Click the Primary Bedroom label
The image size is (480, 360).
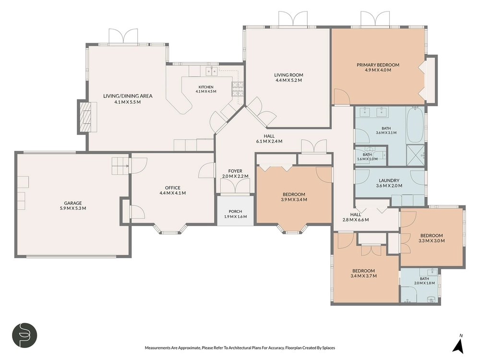click(378, 65)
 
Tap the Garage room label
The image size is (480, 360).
click(73, 203)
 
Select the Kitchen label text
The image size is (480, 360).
click(206, 87)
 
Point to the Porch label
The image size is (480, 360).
click(235, 212)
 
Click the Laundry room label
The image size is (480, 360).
click(389, 180)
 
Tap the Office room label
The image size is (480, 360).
click(172, 188)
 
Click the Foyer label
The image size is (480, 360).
click(235, 171)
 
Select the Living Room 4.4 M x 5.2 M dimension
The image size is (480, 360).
click(288, 80)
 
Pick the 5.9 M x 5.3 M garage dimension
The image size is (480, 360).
click(73, 208)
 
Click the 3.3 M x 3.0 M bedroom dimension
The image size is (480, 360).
click(432, 241)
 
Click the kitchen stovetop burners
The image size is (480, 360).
click(238, 89)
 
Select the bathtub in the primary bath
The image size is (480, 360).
click(415, 125)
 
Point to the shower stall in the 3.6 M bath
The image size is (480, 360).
click(415, 155)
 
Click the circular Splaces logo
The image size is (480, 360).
click(24, 335)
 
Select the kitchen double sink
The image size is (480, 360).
click(212, 72)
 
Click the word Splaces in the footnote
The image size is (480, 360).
click(328, 348)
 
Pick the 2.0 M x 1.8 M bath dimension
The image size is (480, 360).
click(424, 283)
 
